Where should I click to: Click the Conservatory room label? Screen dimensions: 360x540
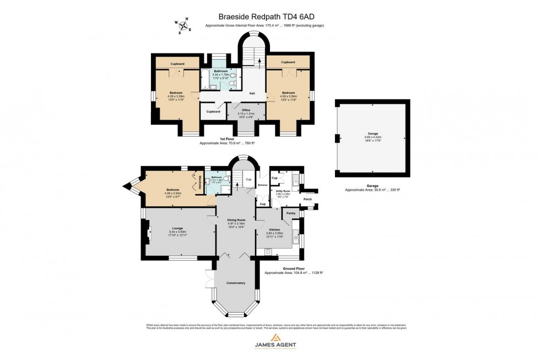point(235,283)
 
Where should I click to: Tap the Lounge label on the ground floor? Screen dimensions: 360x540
point(177,228)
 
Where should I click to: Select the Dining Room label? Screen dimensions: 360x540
point(236,220)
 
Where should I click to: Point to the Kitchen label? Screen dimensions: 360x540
point(274,229)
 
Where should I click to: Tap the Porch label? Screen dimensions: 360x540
point(307,199)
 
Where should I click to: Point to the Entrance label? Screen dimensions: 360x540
point(262,185)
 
